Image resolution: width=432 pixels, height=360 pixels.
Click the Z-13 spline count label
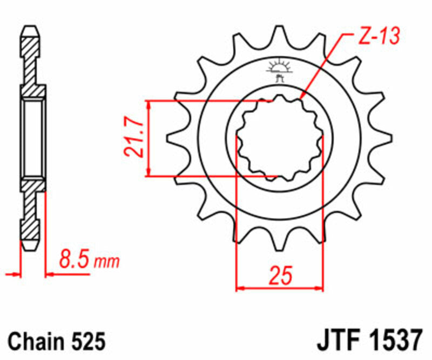point(378,37)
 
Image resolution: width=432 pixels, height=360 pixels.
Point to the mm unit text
point(106,263)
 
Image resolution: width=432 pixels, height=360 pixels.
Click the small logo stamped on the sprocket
point(279,70)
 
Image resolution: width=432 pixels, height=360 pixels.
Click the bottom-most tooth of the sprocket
point(280,244)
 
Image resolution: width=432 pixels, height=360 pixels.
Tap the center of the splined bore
point(280,138)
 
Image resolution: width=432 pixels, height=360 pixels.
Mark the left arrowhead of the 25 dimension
point(241,288)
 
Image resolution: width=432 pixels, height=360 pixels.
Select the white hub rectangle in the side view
point(33,138)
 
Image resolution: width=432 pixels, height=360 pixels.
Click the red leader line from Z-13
point(324,65)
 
